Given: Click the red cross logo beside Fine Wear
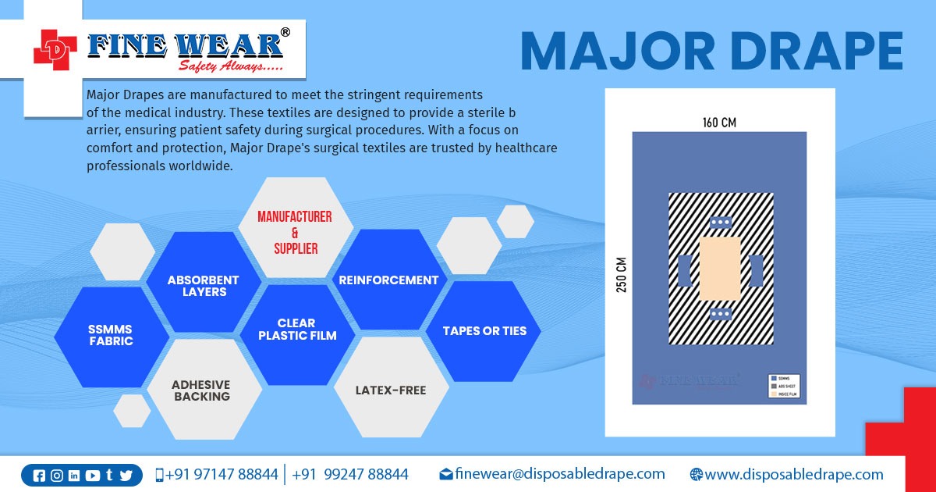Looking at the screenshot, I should [55, 50].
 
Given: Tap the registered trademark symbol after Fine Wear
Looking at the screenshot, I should [285, 33].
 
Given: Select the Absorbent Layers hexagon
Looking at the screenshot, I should [204, 285].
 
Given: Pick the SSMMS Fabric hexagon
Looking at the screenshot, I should [111, 336].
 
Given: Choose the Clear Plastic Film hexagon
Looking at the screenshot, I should [297, 330].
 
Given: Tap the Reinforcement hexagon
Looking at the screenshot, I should [388, 280].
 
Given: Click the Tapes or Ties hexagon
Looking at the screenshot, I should [484, 330].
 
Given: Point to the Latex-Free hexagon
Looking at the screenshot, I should [391, 390].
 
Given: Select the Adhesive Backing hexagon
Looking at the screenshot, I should [201, 390].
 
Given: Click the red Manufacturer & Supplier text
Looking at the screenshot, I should [295, 233].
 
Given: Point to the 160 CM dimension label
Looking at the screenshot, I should [718, 123].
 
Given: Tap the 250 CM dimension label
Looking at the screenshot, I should [622, 274].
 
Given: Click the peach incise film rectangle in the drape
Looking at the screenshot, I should [719, 269].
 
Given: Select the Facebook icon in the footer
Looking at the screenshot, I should [40, 476].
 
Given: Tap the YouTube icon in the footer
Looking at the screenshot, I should [93, 476].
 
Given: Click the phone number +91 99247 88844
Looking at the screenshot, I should [350, 474].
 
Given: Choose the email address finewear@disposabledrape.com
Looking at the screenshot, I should [559, 474].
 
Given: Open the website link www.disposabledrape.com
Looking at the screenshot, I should [793, 474].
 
